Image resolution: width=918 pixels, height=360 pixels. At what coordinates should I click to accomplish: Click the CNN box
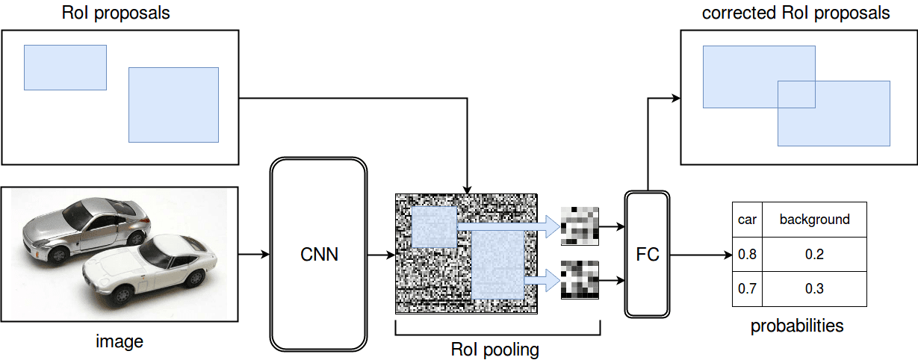[x=319, y=255]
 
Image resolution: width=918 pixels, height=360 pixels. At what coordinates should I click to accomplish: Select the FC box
[x=647, y=255]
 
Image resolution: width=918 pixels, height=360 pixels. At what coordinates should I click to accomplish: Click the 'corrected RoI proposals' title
[x=796, y=13]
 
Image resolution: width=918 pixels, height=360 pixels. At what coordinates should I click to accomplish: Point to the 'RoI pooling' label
[x=494, y=349]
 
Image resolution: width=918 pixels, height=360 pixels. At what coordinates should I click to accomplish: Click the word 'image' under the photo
[x=120, y=343]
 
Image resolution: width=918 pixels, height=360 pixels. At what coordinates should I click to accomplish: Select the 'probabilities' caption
[x=797, y=326]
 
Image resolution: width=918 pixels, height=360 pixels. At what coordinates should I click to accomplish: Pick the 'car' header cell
[x=747, y=220]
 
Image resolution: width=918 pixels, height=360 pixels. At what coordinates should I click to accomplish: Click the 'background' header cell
[x=814, y=220]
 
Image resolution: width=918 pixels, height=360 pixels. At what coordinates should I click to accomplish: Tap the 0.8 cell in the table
[x=747, y=255]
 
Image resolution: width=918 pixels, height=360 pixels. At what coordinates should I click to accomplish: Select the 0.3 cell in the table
[x=814, y=288]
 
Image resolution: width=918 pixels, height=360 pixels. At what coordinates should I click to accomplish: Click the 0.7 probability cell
[x=747, y=288]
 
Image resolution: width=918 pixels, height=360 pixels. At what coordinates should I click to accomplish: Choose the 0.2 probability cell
[x=814, y=255]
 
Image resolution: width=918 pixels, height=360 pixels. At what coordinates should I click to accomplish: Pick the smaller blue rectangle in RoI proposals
[x=65, y=67]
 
